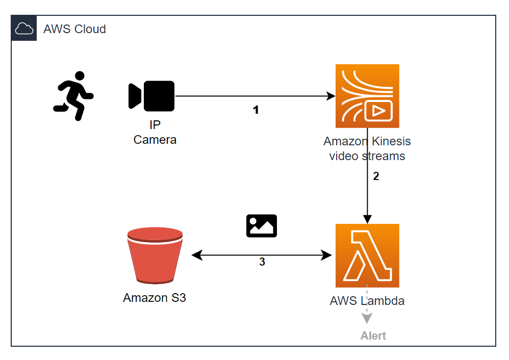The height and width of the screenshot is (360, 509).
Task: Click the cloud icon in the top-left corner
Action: pyautogui.click(x=24, y=29)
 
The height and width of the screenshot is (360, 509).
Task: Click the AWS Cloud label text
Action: pyautogui.click(x=74, y=29)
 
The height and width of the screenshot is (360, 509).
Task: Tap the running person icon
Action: pyautogui.click(x=73, y=96)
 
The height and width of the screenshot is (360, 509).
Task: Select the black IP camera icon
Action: pyautogui.click(x=152, y=96)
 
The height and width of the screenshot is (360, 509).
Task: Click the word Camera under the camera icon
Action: pyautogui.click(x=155, y=140)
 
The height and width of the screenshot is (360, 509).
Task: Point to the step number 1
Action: pyautogui.click(x=256, y=110)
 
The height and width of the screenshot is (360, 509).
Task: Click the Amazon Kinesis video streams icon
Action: pyautogui.click(x=367, y=96)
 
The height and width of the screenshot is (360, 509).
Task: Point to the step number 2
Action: pyautogui.click(x=376, y=176)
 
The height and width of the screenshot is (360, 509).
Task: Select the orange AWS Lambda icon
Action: pyautogui.click(x=367, y=255)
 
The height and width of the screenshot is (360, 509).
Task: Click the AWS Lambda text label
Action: pyautogui.click(x=367, y=301)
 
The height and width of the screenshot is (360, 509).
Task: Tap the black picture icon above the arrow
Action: pyautogui.click(x=262, y=226)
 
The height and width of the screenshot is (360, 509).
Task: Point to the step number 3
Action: pyautogui.click(x=262, y=262)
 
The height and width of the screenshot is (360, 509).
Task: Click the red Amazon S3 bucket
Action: pyautogui.click(x=155, y=255)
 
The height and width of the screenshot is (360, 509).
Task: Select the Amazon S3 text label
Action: pyautogui.click(x=155, y=298)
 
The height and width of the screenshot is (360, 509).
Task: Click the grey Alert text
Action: pyautogui.click(x=373, y=336)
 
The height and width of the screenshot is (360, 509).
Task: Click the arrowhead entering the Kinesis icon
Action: pyautogui.click(x=330, y=96)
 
